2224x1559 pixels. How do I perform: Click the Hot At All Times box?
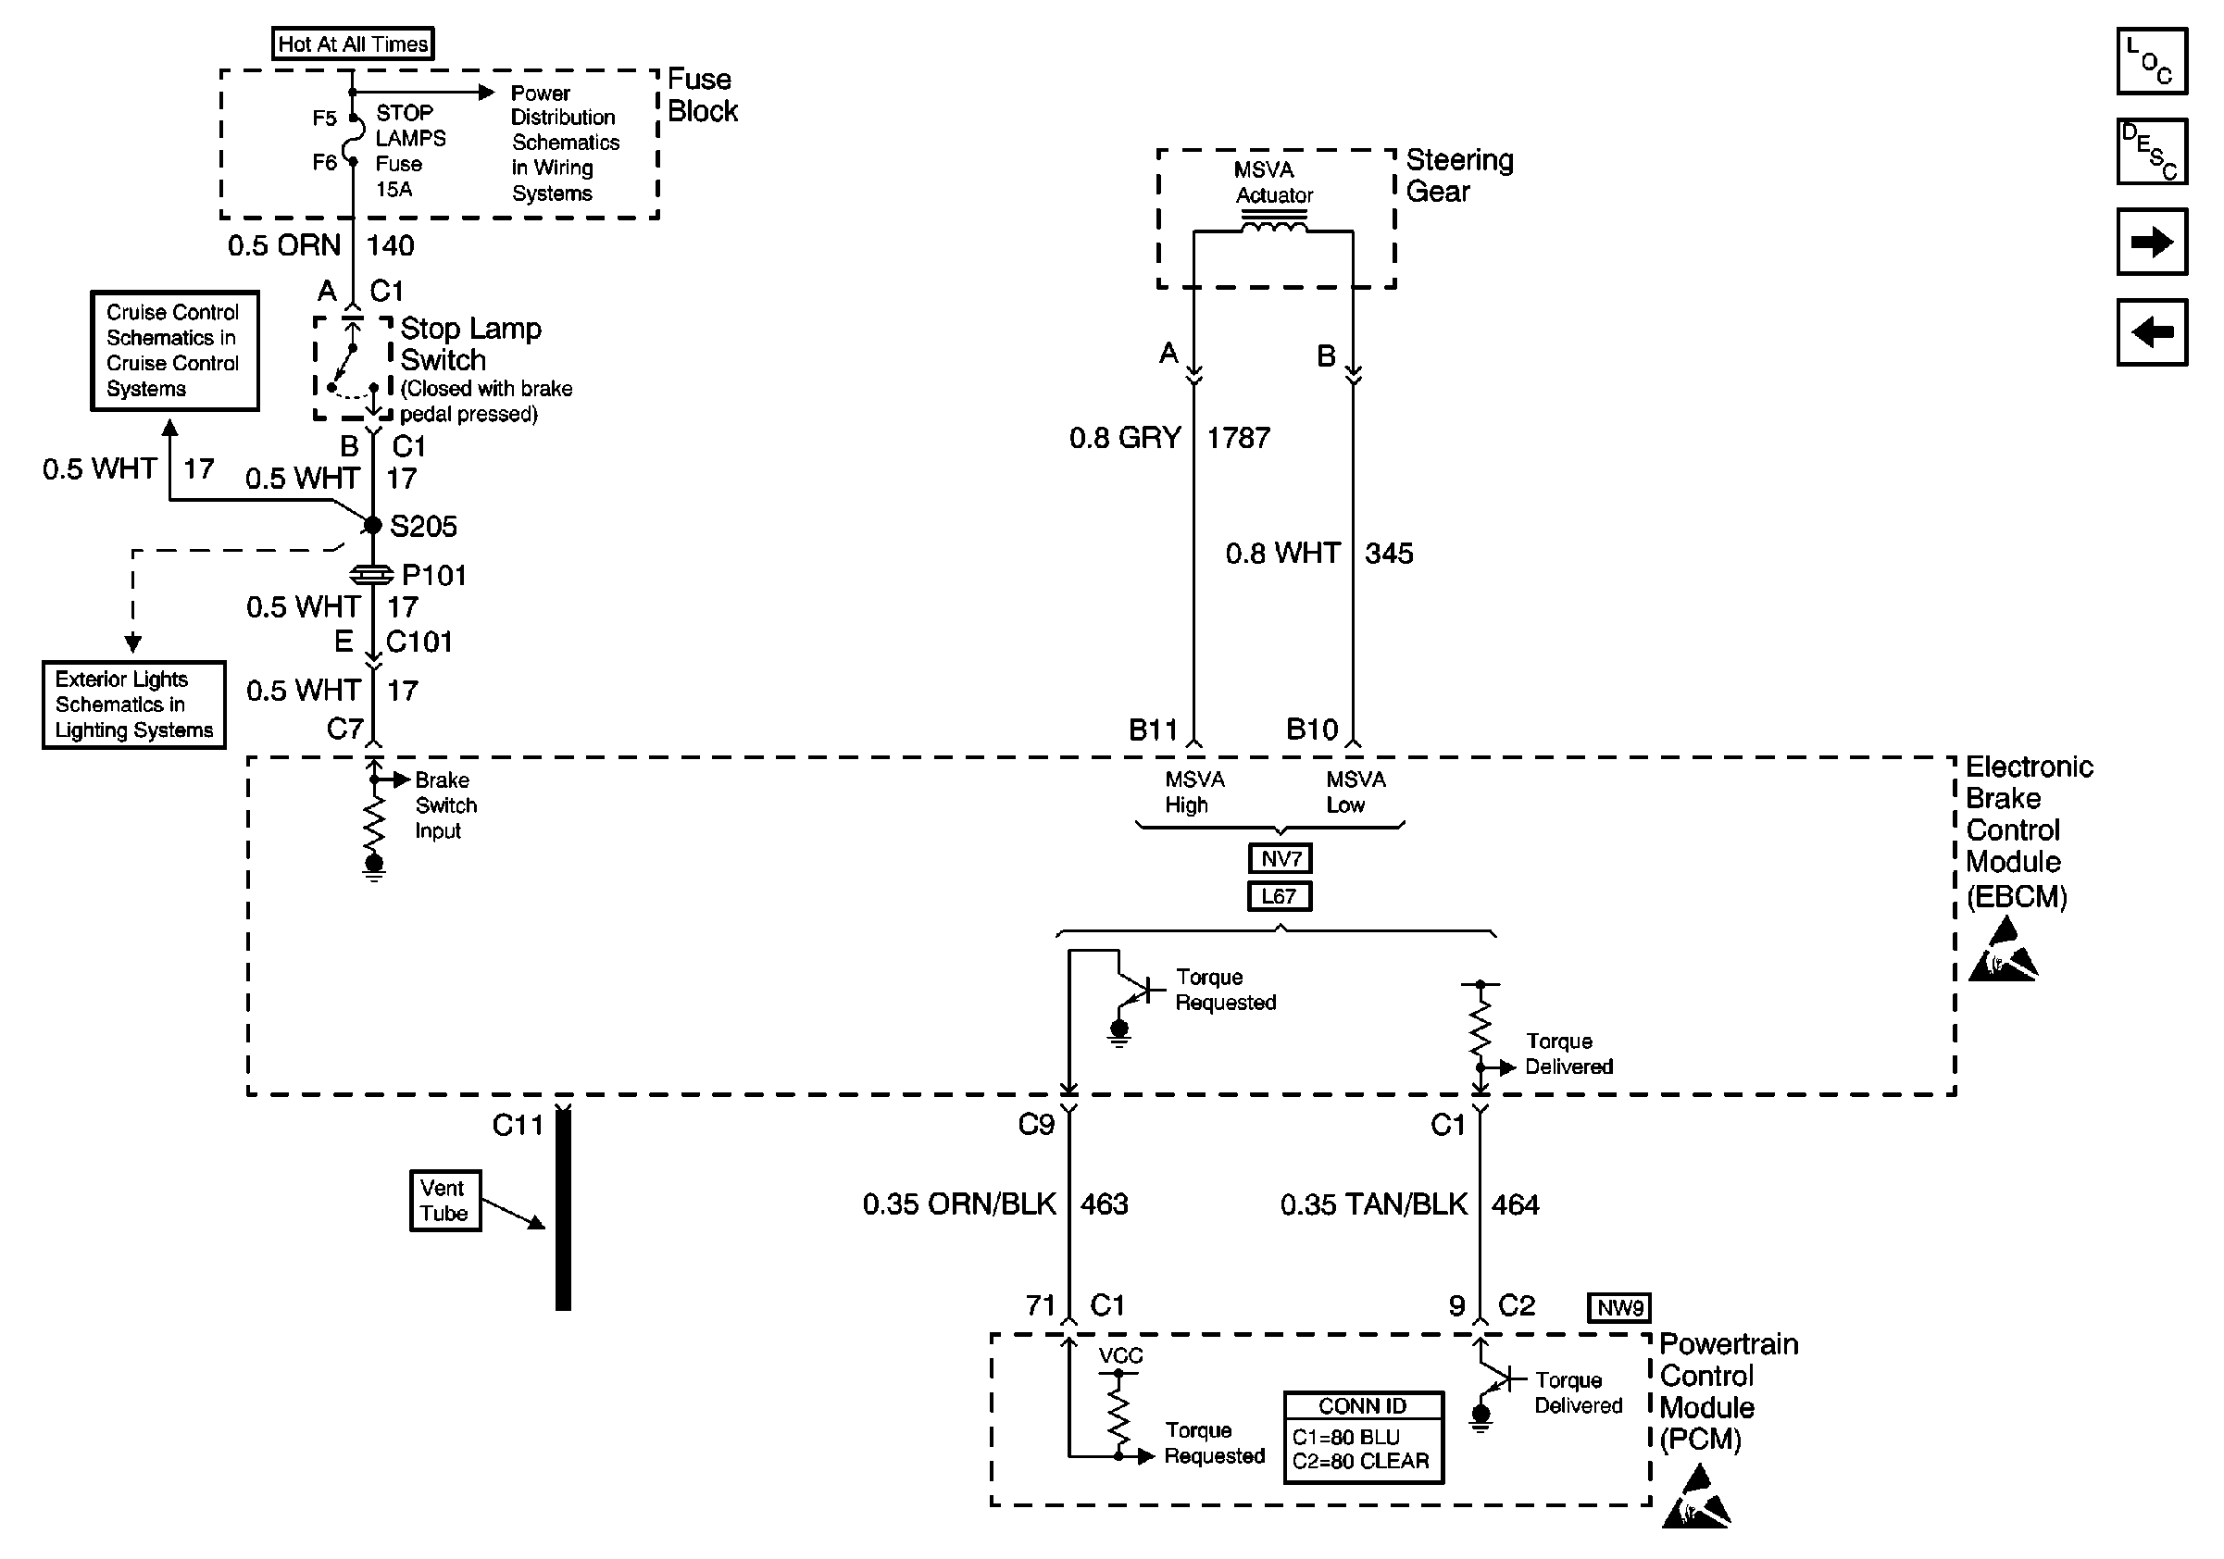tap(353, 44)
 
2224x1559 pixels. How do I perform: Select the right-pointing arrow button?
tap(2152, 242)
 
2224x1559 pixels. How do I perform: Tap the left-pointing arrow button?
tap(2152, 332)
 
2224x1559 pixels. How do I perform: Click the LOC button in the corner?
tap(2152, 61)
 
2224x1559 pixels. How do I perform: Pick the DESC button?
tap(2152, 151)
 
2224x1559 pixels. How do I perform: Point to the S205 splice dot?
tap(373, 525)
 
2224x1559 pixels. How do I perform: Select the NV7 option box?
tap(1280, 858)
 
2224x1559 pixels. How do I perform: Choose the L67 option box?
tap(1279, 896)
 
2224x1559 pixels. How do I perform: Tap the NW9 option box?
tap(1619, 1307)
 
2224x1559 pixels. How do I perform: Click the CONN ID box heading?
tap(1362, 1406)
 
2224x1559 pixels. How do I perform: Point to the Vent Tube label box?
tap(444, 1201)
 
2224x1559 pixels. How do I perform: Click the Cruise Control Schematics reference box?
tap(174, 351)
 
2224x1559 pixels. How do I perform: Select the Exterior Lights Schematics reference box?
tap(133, 705)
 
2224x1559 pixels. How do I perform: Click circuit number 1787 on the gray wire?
tap(1238, 438)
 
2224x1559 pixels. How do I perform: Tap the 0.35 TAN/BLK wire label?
tap(1373, 1204)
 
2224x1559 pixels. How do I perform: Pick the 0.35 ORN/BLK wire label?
tap(959, 1204)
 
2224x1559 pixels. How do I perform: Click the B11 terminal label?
tap(1153, 730)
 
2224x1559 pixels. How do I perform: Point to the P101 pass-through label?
tap(434, 575)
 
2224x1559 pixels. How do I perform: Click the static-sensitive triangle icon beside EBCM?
tap(2002, 952)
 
